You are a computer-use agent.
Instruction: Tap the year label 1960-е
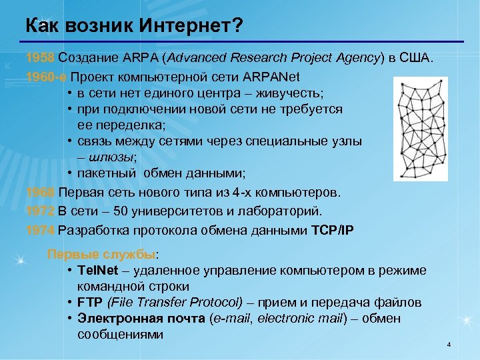pos(47,75)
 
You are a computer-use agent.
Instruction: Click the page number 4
pos(449,345)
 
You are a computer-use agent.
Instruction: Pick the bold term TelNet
pos(97,270)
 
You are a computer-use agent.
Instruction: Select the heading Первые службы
pos(101,254)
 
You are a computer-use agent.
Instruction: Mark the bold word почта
pos(181,319)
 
